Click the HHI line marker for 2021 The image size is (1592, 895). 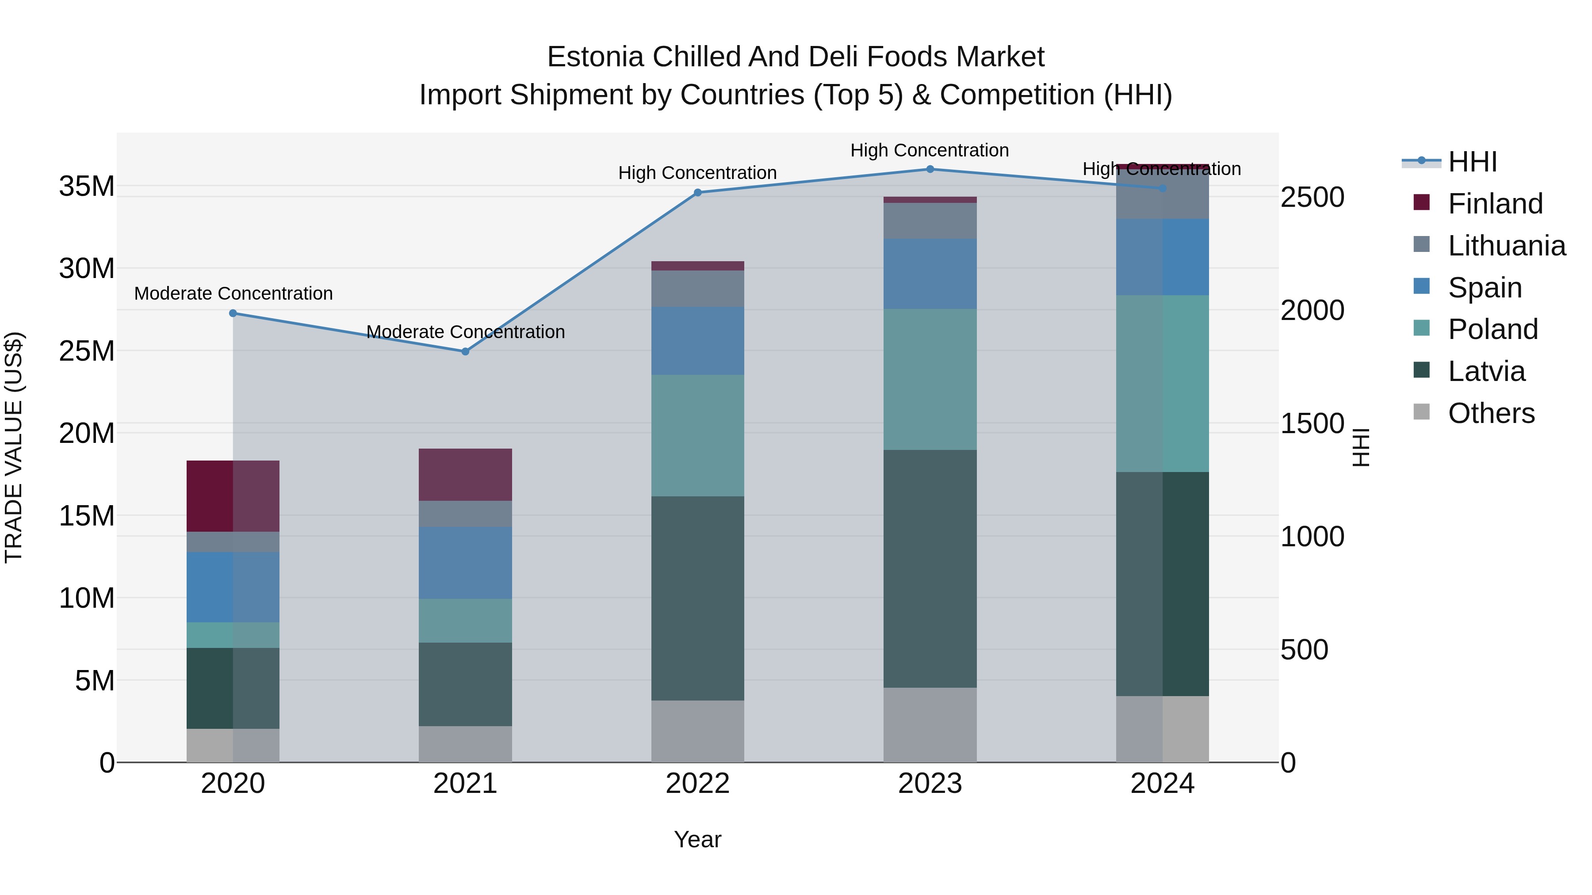(465, 351)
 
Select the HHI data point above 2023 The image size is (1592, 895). (930, 169)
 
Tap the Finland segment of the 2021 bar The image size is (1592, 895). (465, 474)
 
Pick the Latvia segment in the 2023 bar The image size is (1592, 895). (930, 568)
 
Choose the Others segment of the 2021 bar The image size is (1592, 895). (465, 744)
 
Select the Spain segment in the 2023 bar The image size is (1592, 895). (930, 274)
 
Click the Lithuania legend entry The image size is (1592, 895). (1506, 246)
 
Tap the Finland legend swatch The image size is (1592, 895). (1421, 202)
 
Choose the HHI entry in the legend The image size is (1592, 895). (1472, 162)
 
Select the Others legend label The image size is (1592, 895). (1491, 413)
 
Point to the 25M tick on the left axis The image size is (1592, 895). (87, 351)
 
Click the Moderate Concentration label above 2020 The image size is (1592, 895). (233, 293)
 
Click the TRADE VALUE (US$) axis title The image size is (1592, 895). (14, 447)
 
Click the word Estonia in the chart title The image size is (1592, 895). (596, 57)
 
